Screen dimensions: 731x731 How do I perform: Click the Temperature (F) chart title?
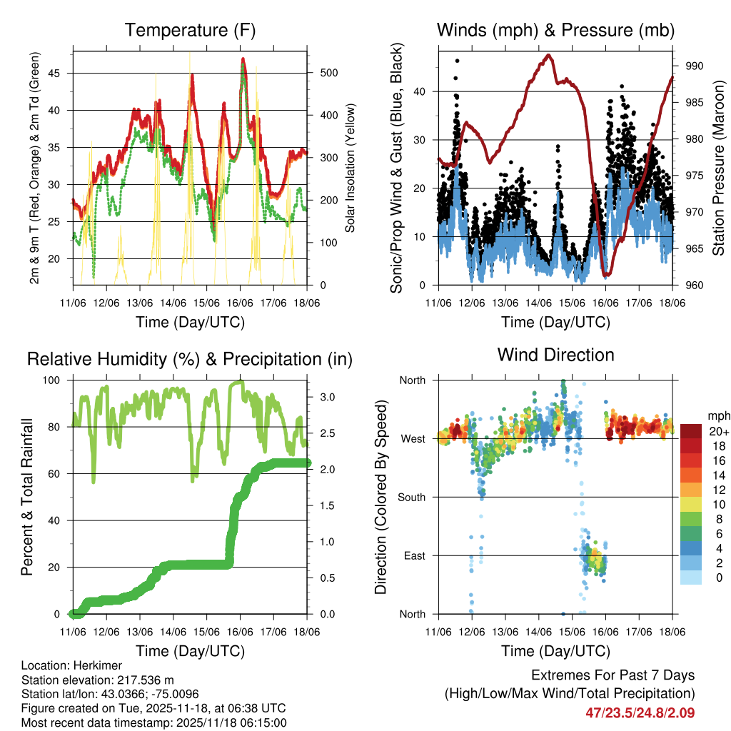[x=190, y=30]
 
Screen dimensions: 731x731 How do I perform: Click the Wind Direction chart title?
[x=555, y=355]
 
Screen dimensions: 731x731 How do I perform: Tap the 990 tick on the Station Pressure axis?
[x=694, y=66]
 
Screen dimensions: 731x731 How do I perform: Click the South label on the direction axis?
[x=412, y=497]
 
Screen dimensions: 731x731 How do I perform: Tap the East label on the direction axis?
[x=414, y=555]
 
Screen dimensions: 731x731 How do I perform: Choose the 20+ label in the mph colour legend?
[x=717, y=432]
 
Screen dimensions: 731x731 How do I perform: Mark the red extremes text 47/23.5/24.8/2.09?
[x=640, y=712]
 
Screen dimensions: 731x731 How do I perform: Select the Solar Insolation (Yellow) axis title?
[x=350, y=168]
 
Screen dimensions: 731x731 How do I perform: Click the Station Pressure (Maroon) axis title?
[x=718, y=168]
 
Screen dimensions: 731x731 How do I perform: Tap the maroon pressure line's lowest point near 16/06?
[x=607, y=275]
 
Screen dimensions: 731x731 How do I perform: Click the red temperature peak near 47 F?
[x=243, y=60]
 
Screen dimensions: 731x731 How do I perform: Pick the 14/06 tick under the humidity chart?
[x=173, y=632]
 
